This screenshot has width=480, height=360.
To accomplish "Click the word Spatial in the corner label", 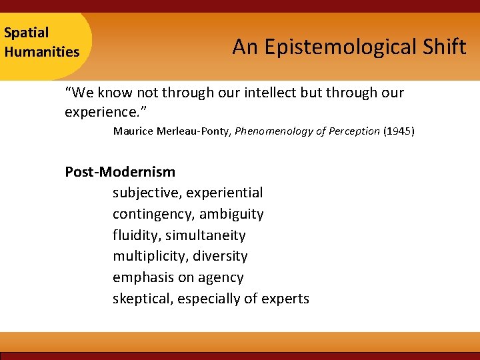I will click(27, 33).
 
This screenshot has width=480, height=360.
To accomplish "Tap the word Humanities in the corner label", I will click(41, 51).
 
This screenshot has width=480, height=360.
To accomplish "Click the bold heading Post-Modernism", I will click(120, 172).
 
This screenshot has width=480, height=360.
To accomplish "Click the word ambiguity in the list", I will click(231, 214).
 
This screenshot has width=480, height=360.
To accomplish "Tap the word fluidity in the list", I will click(135, 235).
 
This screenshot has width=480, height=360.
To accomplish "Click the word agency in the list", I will click(221, 277).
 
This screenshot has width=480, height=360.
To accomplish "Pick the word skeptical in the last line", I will click(143, 299).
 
